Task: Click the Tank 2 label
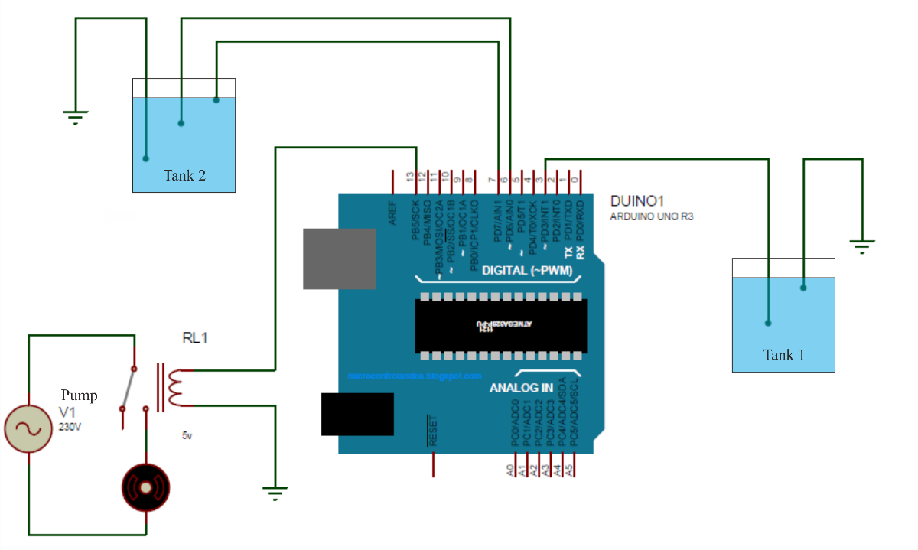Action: pyautogui.click(x=184, y=175)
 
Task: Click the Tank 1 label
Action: pyautogui.click(x=784, y=355)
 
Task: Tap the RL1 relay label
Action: pyautogui.click(x=194, y=337)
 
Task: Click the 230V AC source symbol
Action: pyautogui.click(x=28, y=428)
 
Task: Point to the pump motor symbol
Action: pyautogui.click(x=146, y=487)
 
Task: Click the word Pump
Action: pyautogui.click(x=80, y=395)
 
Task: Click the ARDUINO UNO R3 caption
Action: pyautogui.click(x=651, y=216)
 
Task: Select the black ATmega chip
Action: pyautogui.click(x=501, y=326)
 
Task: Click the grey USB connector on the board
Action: pyautogui.click(x=340, y=259)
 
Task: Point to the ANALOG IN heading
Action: pyautogui.click(x=521, y=388)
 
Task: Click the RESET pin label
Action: pyautogui.click(x=434, y=432)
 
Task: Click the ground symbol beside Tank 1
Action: pyautogui.click(x=862, y=246)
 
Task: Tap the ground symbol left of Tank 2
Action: pyautogui.click(x=75, y=117)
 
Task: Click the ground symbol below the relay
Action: pyautogui.click(x=275, y=492)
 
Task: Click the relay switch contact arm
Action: pyautogui.click(x=128, y=389)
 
